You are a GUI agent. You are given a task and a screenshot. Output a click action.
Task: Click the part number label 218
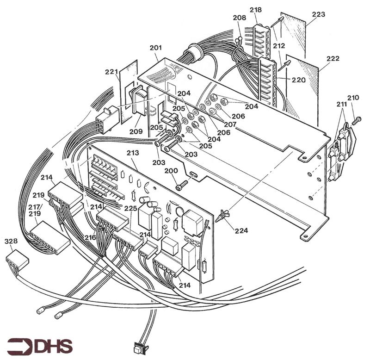coord(255,10)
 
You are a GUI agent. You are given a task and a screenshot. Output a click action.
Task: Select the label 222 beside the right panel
coord(333,59)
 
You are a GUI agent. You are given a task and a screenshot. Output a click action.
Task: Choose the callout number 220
coord(298,80)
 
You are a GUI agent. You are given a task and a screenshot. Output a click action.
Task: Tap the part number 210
coord(353,98)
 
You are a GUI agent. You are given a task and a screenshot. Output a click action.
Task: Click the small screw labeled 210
coord(357,120)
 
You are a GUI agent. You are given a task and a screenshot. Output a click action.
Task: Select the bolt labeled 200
coord(181,187)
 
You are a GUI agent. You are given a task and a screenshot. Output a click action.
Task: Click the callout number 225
coord(130,209)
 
